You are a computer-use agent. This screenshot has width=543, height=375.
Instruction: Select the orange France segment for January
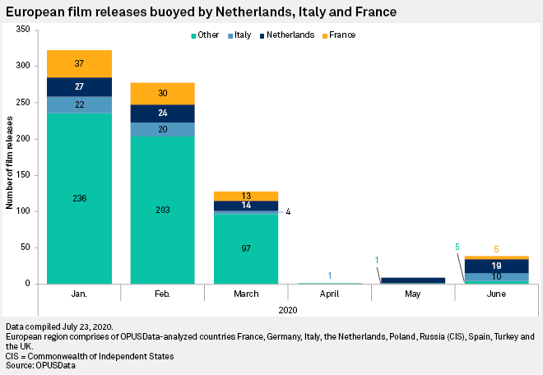coord(79,64)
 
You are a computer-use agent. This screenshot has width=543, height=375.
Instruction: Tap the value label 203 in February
coord(162,211)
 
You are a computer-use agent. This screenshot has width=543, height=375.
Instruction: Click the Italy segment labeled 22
coord(79,104)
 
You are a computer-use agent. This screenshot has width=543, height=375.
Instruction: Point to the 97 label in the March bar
coord(246,248)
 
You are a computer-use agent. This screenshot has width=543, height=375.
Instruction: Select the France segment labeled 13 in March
coord(246,196)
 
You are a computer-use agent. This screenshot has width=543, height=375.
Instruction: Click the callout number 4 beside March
coord(288,212)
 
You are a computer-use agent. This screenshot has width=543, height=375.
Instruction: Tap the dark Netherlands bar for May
coord(412,280)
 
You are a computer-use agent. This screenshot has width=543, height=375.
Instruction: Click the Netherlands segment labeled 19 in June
coord(496,266)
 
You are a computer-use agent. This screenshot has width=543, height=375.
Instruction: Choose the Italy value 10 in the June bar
coord(496,276)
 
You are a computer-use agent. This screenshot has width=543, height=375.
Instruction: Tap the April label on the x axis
coord(329,294)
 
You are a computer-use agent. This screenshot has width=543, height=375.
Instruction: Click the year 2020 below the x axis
coord(287,310)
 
